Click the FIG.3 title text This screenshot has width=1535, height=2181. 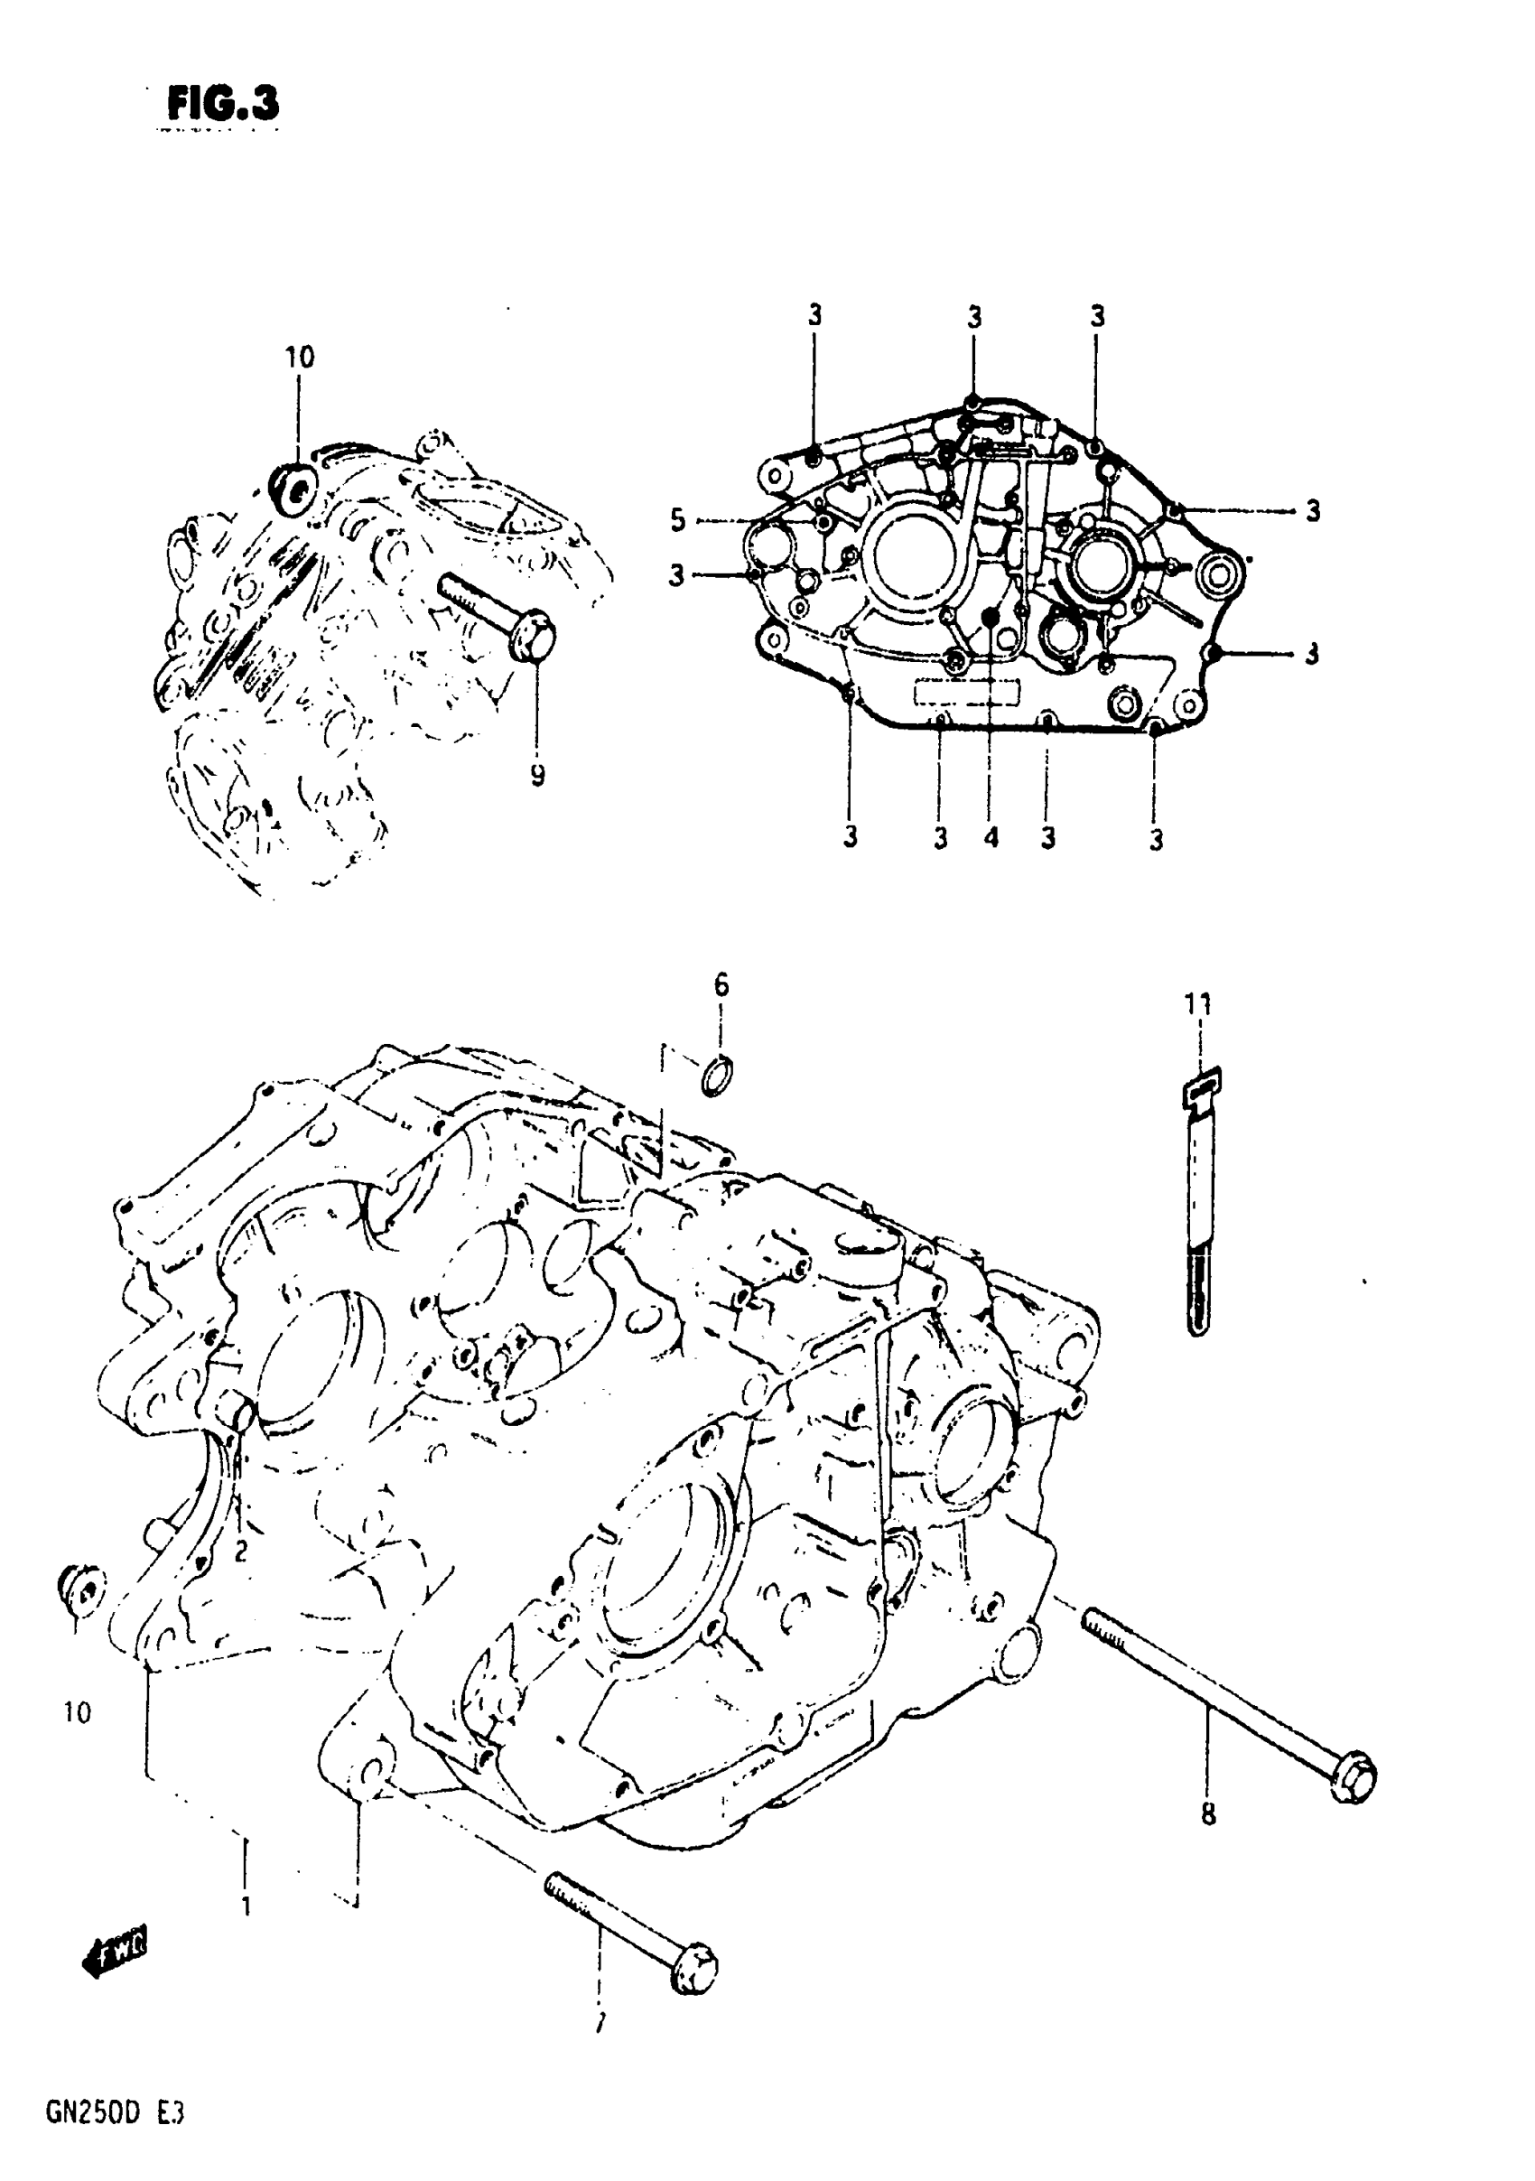(223, 105)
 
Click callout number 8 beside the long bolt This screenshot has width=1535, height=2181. (1208, 1814)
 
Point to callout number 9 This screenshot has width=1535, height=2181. (537, 776)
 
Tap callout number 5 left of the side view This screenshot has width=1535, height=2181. (677, 520)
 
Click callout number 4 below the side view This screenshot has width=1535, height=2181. (991, 837)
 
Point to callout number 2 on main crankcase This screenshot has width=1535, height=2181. (240, 1552)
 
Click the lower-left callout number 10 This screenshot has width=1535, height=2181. (77, 1712)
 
